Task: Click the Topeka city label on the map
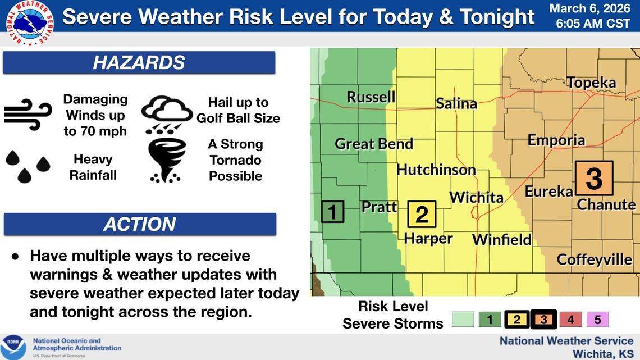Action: [591, 83]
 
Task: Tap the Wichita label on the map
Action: [476, 198]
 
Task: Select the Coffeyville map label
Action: [594, 260]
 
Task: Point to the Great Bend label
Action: [374, 144]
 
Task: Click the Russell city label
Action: [371, 97]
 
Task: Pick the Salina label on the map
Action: [456, 103]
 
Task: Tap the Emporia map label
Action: [556, 140]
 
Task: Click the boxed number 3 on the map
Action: [593, 179]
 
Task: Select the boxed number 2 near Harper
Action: [421, 215]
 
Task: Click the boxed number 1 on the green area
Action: [332, 212]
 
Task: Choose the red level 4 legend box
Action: [570, 320]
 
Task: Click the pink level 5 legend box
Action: [597, 320]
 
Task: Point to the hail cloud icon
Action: [166, 114]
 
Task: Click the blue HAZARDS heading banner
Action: [139, 63]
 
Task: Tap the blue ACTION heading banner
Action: [139, 225]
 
